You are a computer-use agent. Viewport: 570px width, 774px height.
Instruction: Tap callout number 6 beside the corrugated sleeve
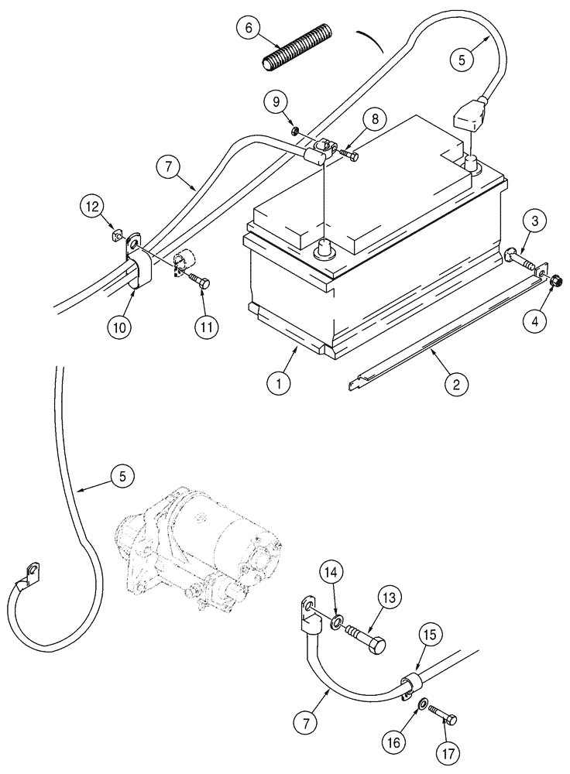(249, 28)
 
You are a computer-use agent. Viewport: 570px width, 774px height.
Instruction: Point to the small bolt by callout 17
(443, 715)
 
